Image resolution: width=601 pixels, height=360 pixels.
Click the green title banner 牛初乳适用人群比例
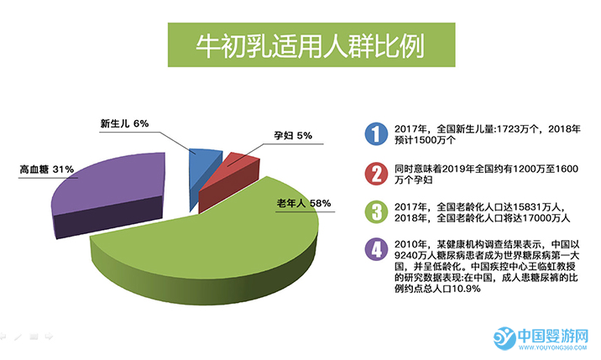click(x=311, y=44)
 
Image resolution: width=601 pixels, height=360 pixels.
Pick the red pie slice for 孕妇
click(x=230, y=180)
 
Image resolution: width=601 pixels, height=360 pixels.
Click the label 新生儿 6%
click(x=124, y=123)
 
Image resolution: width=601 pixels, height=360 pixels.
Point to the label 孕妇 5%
click(x=293, y=135)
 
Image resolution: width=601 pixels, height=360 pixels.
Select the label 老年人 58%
click(x=304, y=203)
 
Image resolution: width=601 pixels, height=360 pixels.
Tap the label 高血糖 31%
click(x=47, y=169)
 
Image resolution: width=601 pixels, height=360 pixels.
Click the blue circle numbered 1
click(x=376, y=133)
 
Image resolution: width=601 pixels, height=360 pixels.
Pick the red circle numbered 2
click(x=376, y=174)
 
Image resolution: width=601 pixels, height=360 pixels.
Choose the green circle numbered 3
click(x=376, y=212)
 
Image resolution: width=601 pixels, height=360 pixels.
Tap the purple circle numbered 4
click(x=376, y=249)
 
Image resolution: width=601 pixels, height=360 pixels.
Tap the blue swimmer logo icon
click(x=504, y=338)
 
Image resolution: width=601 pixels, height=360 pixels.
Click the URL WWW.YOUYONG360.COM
click(x=552, y=347)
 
